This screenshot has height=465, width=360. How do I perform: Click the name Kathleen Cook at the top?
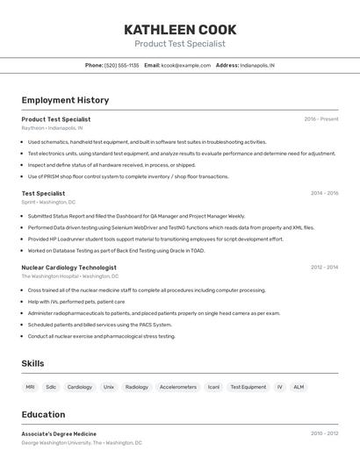point(180,30)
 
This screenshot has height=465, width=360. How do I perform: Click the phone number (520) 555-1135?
point(121,65)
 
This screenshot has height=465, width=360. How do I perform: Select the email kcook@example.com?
point(185,65)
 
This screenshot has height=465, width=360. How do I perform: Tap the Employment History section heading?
point(65,100)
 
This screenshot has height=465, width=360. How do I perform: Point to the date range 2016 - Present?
point(320,118)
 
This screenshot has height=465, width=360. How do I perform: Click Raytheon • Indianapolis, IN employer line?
point(52,128)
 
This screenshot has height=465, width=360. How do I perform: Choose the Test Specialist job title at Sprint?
point(43,193)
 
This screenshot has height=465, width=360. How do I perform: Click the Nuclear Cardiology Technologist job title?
point(68,267)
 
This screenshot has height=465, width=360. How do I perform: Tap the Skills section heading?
point(32,363)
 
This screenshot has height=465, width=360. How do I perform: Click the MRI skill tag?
point(30,387)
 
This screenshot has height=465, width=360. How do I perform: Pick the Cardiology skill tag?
point(80,387)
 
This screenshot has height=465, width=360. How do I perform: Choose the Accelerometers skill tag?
point(178,387)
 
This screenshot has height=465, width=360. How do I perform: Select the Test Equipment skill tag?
point(248,387)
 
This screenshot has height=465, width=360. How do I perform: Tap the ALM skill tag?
point(299,387)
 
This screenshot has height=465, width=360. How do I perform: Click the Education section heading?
point(43,414)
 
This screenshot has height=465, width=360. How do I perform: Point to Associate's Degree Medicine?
point(59,433)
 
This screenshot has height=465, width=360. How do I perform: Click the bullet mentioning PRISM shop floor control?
point(128,176)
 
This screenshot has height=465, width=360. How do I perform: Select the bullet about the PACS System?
point(100,325)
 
